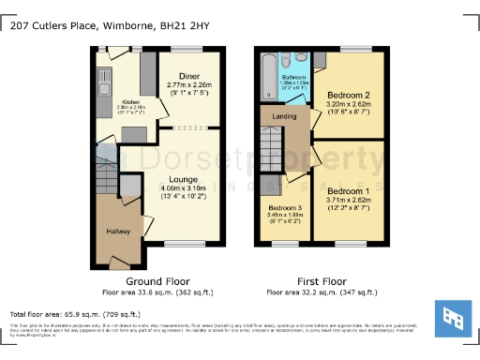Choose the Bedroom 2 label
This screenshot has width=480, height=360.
pos(348,96)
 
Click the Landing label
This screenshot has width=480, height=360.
pos(284,117)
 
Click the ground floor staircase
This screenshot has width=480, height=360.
pos(109,173)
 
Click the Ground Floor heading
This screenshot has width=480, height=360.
pos(157,280)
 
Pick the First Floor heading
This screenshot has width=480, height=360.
pos(321,280)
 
